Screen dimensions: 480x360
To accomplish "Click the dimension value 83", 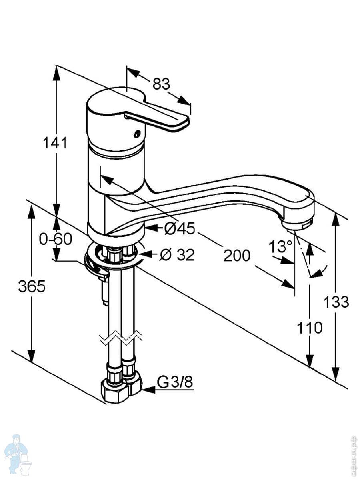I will coord(161,84).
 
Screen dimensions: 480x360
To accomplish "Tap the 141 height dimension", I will coord(55,143).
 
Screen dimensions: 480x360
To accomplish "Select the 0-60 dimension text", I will coord(56,239).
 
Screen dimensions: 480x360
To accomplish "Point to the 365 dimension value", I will coord(32,286).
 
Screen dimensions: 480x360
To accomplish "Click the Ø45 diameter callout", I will coord(179,228).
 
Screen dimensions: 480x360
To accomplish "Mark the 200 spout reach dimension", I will coord(236,255).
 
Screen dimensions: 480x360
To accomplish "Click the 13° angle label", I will coord(281,246).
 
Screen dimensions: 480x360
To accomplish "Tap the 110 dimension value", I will coord(309,328).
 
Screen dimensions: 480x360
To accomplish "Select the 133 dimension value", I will coord(336,302).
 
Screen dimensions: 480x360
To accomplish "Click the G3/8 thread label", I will coord(175,383).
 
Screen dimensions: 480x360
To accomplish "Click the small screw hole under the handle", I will coord(137,134).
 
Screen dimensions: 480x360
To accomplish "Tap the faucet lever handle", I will coord(160,116).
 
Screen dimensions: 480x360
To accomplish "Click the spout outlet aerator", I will coord(296,226).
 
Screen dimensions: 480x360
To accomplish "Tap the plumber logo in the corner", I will coord(17,454).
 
